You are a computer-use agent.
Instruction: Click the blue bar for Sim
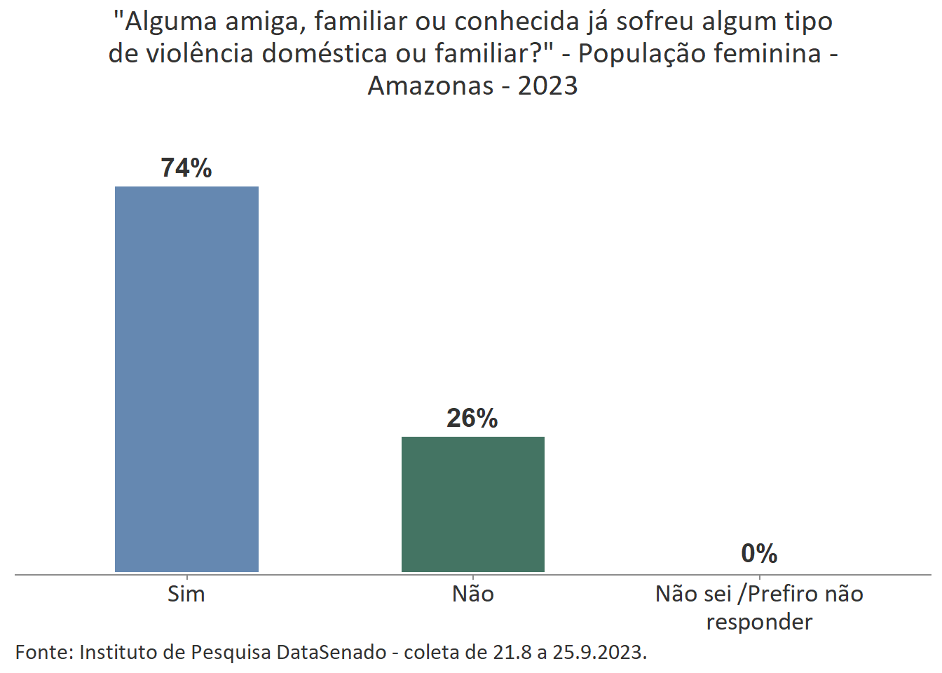pos(186,379)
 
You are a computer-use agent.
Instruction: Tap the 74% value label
pos(186,168)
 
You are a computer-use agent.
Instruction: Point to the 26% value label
pos(472,419)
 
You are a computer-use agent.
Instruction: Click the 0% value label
pos(759,554)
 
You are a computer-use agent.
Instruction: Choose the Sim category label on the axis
pos(186,594)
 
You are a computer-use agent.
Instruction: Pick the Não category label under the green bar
pos(473,594)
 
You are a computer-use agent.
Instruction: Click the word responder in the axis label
pos(759,622)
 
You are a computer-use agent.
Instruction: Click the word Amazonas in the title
pos(430,86)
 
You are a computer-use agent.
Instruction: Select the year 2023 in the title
pos(548,86)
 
